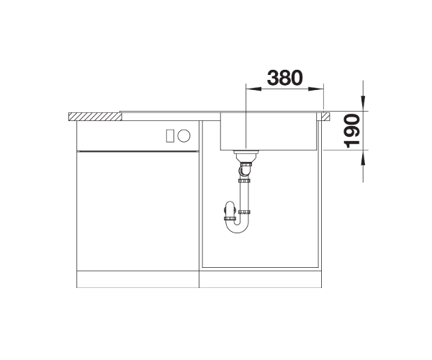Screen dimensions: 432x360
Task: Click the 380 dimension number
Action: click(x=284, y=78)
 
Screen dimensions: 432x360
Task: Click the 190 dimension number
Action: click(x=352, y=130)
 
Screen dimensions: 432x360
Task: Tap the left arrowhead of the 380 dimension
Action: click(x=253, y=89)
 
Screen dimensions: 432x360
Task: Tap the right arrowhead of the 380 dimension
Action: click(x=316, y=89)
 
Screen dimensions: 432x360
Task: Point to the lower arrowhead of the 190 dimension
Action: click(x=363, y=158)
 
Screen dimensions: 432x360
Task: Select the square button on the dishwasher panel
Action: click(x=170, y=136)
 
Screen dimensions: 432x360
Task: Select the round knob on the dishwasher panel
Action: click(x=184, y=136)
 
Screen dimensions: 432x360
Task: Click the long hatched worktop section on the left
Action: click(x=95, y=117)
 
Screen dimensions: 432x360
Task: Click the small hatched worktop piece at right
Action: click(x=325, y=117)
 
